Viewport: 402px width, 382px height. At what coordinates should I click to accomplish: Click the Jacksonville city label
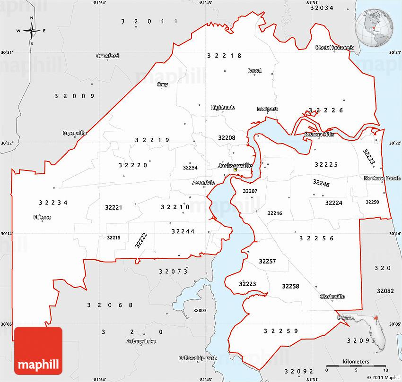pyautogui.click(x=235, y=166)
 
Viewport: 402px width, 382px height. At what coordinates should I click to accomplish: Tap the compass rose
pyautogui.click(x=32, y=31)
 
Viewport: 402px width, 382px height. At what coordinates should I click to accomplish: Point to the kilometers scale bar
pyautogui.click(x=356, y=366)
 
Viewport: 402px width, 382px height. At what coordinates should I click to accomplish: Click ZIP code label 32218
pyautogui.click(x=224, y=56)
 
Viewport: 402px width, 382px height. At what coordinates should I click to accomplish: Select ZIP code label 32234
pyautogui.click(x=53, y=203)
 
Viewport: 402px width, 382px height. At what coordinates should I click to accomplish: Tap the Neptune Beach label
pyautogui.click(x=382, y=178)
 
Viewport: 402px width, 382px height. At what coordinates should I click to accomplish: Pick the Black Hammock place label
pyautogui.click(x=334, y=48)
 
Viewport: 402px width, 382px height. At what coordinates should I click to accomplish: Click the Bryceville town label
pyautogui.click(x=75, y=133)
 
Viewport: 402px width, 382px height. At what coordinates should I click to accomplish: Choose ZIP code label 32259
pyautogui.click(x=281, y=331)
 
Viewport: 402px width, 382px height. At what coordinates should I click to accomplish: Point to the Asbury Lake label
pyautogui.click(x=141, y=341)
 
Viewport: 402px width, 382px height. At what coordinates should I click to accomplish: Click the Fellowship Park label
pyautogui.click(x=197, y=358)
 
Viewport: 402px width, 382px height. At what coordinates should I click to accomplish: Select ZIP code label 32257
pyautogui.click(x=267, y=261)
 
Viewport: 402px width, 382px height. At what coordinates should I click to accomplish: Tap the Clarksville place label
pyautogui.click(x=332, y=297)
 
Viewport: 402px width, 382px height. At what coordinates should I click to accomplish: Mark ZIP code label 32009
pyautogui.click(x=75, y=96)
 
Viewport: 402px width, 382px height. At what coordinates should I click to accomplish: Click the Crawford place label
pyautogui.click(x=107, y=56)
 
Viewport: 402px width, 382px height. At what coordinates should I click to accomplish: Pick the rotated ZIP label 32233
pyautogui.click(x=369, y=157)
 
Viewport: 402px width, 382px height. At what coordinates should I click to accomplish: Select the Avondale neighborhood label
pyautogui.click(x=203, y=182)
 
